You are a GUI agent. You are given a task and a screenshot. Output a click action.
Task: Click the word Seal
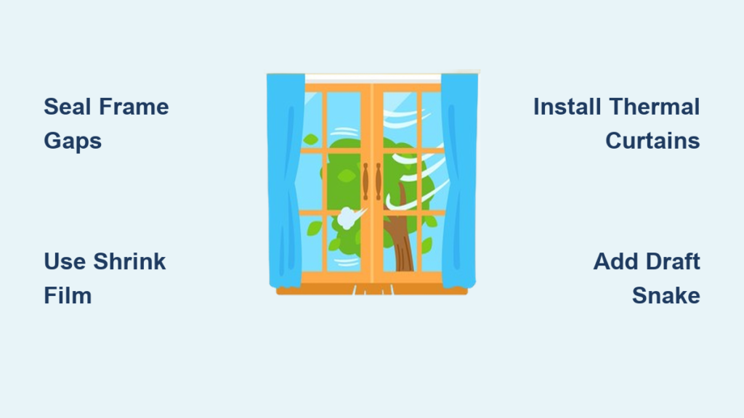click(x=68, y=107)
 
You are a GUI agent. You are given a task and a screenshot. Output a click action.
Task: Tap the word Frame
click(x=134, y=107)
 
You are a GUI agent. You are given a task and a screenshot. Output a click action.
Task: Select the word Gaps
click(x=73, y=142)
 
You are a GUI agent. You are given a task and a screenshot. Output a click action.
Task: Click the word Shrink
click(x=129, y=261)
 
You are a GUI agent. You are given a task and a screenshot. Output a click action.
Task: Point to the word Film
click(x=68, y=295)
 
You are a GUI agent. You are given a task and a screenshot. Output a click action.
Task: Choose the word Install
click(x=567, y=107)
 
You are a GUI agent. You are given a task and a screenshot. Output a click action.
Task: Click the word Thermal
click(x=655, y=107)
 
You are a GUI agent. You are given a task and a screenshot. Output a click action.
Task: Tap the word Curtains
click(x=652, y=141)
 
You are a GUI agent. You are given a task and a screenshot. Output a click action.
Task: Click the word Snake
click(x=666, y=295)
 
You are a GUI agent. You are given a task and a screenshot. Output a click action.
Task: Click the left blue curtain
click(x=285, y=180)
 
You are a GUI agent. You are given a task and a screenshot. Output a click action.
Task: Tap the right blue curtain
click(x=458, y=180)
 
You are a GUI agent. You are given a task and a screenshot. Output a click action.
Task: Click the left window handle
click(x=365, y=181)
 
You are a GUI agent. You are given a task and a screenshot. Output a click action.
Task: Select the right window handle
click(x=378, y=181)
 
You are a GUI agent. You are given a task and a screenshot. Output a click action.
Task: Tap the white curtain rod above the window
click(x=373, y=78)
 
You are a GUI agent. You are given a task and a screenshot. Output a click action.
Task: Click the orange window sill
click(x=372, y=290)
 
